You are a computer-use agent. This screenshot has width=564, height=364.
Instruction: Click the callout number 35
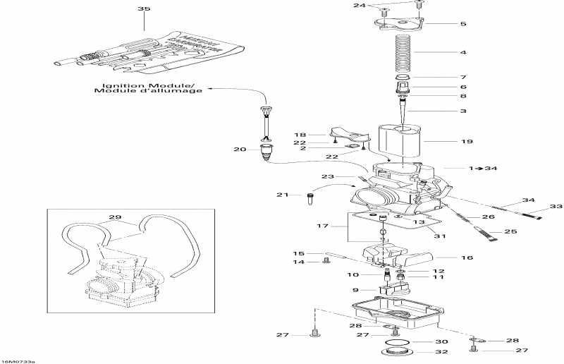click(x=144, y=9)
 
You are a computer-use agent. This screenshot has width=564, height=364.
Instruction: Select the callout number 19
click(x=467, y=142)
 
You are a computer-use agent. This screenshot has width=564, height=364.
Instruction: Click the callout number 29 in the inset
click(x=115, y=217)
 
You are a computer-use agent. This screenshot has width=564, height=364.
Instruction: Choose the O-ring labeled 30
click(x=398, y=343)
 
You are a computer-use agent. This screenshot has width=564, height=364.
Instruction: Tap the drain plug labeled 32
click(x=398, y=353)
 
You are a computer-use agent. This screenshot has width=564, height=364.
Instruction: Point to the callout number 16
click(x=467, y=258)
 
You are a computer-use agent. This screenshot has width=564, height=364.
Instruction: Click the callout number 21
click(x=283, y=195)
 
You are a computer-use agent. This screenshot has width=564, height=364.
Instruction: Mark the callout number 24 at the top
click(x=360, y=6)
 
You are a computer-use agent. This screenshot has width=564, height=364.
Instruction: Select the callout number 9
click(x=355, y=290)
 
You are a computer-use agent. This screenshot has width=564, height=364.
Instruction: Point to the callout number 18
click(x=300, y=134)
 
